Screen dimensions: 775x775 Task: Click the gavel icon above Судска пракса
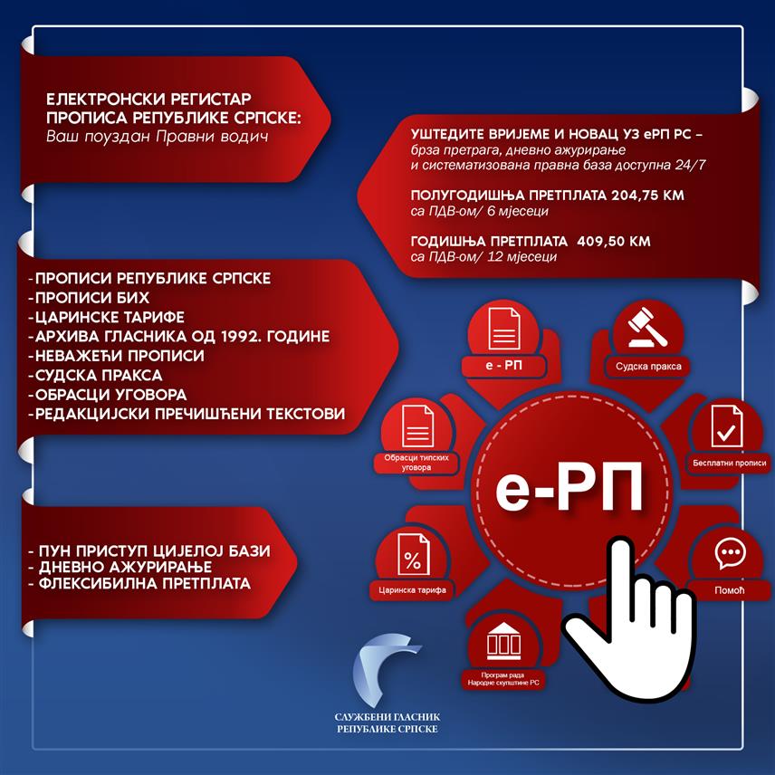click(647, 327)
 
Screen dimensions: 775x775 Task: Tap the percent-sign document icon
click(413, 555)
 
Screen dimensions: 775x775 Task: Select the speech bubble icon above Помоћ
click(730, 552)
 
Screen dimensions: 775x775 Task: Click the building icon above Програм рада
click(503, 641)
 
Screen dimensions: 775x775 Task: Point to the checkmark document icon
click(726, 426)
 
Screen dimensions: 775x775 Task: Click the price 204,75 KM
click(647, 196)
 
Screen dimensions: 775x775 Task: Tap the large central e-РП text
click(569, 487)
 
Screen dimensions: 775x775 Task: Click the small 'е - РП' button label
click(503, 365)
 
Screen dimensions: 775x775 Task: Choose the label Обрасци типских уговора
click(416, 462)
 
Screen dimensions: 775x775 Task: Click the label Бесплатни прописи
click(729, 464)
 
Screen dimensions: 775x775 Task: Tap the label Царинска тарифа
click(412, 589)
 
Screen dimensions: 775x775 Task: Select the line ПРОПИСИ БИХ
click(89, 298)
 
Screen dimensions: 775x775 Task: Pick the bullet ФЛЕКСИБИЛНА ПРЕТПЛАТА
click(139, 583)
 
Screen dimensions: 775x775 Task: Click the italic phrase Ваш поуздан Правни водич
click(158, 137)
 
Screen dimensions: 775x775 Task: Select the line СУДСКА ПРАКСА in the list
click(95, 375)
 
